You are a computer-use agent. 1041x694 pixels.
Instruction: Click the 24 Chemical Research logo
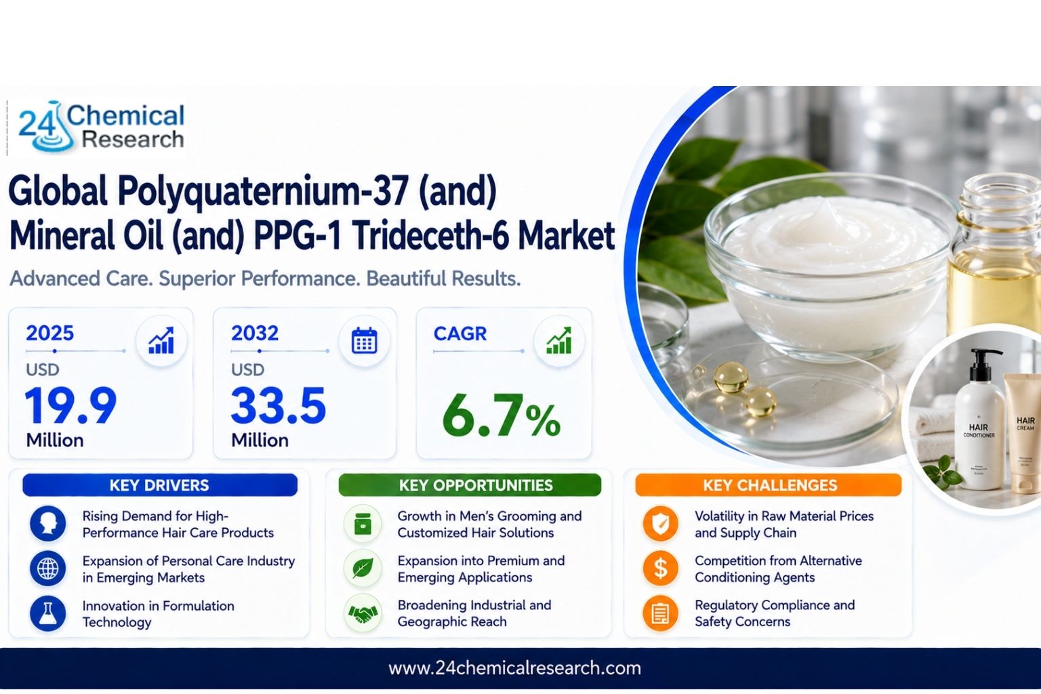point(101,127)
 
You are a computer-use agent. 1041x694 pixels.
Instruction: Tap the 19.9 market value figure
point(70,405)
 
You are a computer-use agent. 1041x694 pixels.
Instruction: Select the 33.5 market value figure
point(279,405)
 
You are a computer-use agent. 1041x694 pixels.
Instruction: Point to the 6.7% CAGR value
point(501,415)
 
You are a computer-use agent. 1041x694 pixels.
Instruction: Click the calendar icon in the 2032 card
point(365,341)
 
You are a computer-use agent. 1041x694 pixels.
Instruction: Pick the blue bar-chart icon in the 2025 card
point(161,341)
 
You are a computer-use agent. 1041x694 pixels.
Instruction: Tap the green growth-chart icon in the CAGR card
point(558,341)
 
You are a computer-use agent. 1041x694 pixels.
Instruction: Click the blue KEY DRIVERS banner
point(160,485)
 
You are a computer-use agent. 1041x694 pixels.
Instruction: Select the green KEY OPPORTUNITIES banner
point(470,485)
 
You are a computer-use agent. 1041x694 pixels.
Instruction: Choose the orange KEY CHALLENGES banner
point(769,485)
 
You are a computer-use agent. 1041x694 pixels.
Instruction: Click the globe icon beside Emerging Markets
point(48,569)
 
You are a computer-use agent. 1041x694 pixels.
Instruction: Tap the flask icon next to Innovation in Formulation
point(48,613)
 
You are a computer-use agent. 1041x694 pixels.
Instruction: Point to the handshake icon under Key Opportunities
point(363,613)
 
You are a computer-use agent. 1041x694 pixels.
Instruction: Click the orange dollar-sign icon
point(660,569)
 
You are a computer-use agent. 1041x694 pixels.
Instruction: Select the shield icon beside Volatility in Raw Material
point(660,524)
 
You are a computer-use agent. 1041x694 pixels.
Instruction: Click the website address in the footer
point(515,668)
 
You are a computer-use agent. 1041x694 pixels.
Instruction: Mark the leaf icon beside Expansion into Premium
point(363,569)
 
